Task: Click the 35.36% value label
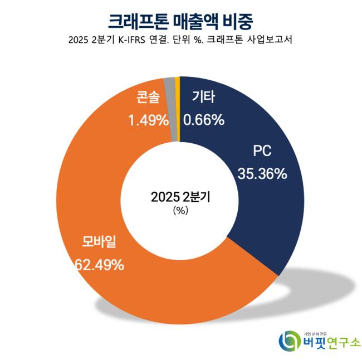pos(262,173)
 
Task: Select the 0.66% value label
pos(204,119)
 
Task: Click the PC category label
pos(262,152)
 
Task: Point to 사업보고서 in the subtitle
pos(270,41)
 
